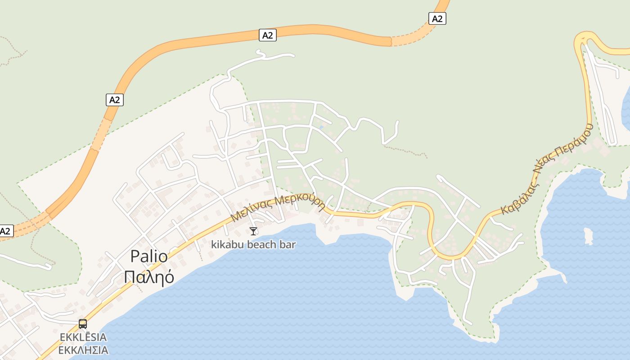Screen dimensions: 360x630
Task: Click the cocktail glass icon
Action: (253, 231)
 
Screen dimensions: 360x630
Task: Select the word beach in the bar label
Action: (264, 245)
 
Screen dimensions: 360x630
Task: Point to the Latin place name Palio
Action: (149, 256)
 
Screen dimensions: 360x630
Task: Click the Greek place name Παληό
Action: (149, 277)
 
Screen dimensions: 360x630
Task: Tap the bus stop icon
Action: (83, 324)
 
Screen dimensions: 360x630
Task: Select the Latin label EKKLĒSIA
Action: (83, 337)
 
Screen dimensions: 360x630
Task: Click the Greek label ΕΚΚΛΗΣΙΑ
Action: (83, 350)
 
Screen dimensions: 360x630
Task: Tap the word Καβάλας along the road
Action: (517, 198)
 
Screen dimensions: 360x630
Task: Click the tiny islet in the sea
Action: (588, 235)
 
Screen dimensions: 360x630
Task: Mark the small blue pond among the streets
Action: (321, 127)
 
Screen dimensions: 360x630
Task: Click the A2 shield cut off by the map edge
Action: (6, 231)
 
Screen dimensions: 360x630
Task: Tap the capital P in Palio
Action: (134, 256)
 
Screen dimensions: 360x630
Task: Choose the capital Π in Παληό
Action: (129, 277)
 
